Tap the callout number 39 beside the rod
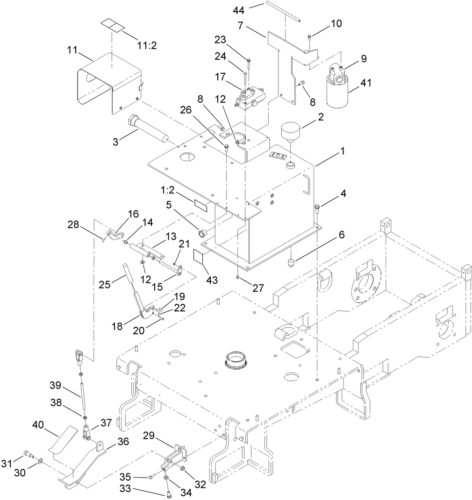(x=56, y=385)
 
